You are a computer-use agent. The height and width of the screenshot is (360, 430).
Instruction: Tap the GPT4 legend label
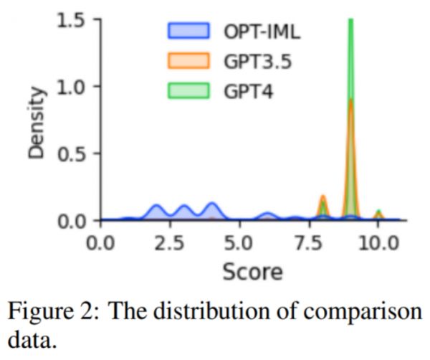(x=242, y=91)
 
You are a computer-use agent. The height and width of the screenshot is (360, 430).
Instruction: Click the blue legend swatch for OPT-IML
(x=188, y=32)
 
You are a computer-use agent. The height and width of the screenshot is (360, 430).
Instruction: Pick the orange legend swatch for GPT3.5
(x=188, y=61)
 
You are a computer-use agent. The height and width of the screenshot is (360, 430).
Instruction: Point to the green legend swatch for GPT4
(x=188, y=91)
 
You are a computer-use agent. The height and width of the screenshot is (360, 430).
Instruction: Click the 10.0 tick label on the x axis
(x=378, y=242)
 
